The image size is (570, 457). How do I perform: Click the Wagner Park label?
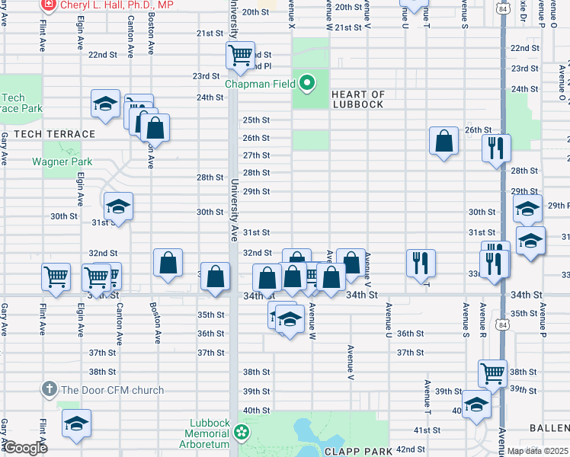tap(62, 161)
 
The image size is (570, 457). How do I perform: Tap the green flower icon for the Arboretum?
tap(242, 433)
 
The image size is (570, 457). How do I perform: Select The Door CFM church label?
tap(112, 390)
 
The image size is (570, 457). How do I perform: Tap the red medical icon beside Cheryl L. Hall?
tap(49, 5)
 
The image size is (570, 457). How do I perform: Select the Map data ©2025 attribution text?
tap(537, 451)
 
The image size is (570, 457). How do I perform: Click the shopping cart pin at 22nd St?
tap(241, 55)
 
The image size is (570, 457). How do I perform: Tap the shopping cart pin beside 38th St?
tap(493, 373)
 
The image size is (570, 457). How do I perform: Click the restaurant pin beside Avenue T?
tap(421, 263)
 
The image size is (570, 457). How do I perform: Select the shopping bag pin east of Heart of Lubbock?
tap(444, 141)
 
